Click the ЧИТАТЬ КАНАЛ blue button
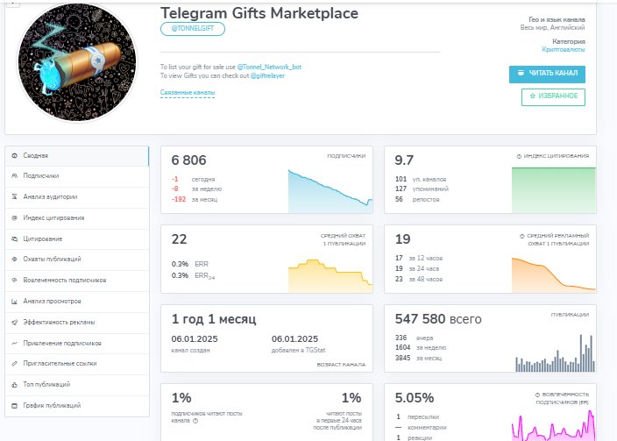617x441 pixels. tap(547, 74)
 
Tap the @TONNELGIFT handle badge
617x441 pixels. tap(193, 29)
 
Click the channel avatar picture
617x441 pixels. tap(78, 63)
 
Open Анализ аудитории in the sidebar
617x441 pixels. tap(50, 197)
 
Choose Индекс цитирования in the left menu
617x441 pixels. tap(53, 217)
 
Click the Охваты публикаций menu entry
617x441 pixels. tap(52, 259)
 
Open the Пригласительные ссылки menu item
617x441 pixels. tap(60, 363)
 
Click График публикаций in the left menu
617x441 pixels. tap(52, 405)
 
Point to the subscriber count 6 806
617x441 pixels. tap(189, 160)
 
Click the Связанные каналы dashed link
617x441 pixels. tap(188, 92)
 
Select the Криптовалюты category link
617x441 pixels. tap(564, 50)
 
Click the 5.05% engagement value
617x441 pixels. tap(415, 397)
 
